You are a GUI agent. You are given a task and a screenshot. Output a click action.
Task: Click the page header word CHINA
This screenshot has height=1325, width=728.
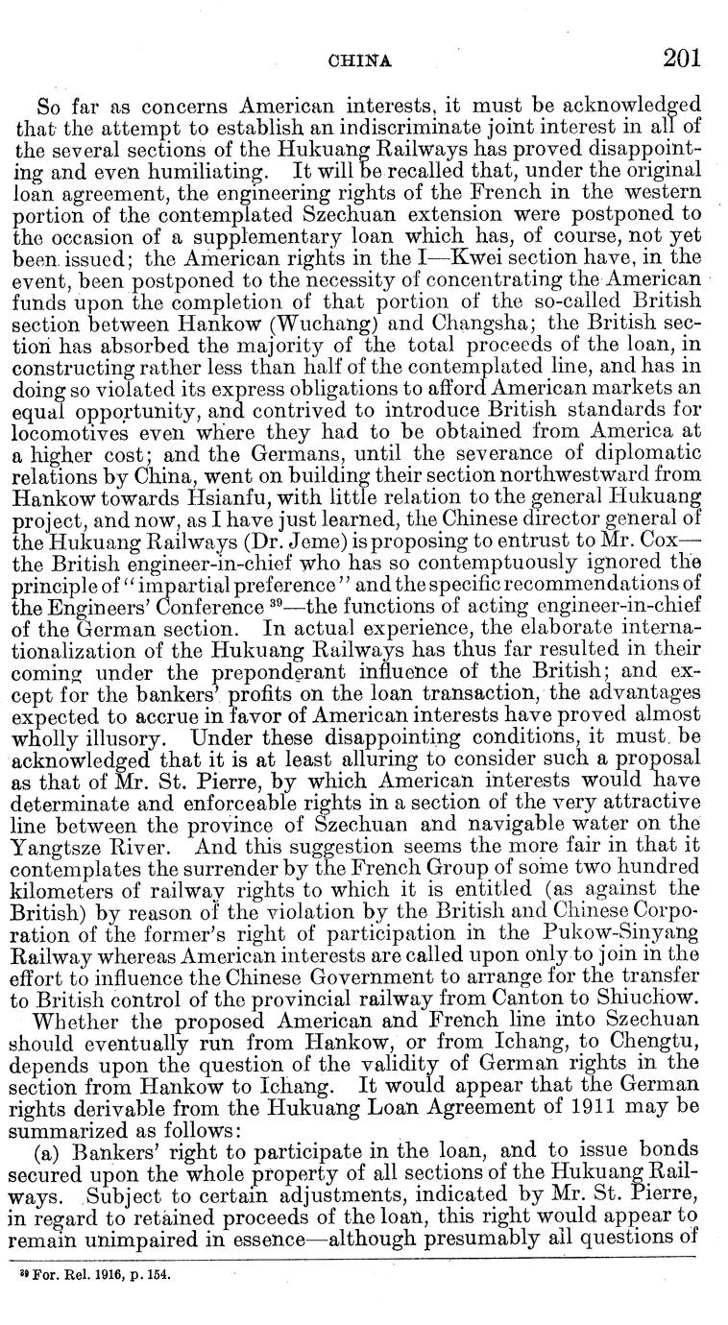coord(359,60)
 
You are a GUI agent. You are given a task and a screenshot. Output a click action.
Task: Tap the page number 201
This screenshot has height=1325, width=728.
coord(681,58)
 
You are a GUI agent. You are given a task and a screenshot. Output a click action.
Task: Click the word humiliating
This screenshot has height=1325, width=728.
coord(196,168)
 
